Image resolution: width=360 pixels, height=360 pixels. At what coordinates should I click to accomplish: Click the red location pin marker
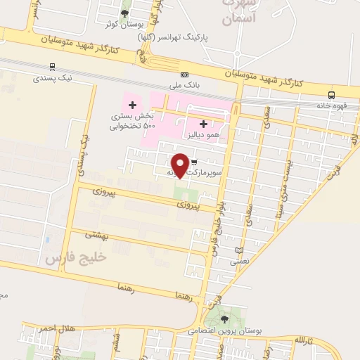[181, 165]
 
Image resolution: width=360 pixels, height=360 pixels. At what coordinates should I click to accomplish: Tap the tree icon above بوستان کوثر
[125, 13]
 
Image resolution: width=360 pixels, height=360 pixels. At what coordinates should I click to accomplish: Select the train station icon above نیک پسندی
[53, 67]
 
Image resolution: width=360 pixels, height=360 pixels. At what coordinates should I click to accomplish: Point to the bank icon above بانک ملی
[184, 75]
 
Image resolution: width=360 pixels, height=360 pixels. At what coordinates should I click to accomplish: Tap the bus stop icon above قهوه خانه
[331, 95]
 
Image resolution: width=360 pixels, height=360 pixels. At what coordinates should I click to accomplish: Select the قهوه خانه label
[331, 105]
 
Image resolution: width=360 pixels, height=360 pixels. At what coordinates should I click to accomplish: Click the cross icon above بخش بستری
[131, 105]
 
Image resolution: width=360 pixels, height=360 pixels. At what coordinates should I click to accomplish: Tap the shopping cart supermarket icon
[193, 163]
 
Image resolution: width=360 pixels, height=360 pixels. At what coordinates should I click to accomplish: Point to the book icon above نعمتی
[239, 250]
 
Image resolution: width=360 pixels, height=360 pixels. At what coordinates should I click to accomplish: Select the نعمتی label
[239, 261]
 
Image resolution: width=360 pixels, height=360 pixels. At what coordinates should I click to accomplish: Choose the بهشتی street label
[98, 236]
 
